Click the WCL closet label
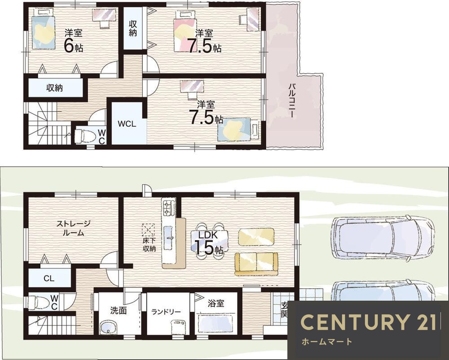point(127,124)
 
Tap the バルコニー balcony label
point(292,100)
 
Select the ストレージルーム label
point(73,228)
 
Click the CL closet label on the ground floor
point(49,278)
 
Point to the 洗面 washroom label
point(118,311)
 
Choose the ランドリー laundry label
point(166,311)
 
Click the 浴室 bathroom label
point(216,303)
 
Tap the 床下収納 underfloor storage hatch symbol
point(148,230)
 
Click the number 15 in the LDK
point(204,247)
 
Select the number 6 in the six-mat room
point(69,46)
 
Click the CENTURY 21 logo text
point(369,322)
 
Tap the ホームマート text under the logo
point(326,342)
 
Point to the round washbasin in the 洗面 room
point(108,328)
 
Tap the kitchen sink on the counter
point(168,238)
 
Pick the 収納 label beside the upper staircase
point(54,88)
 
